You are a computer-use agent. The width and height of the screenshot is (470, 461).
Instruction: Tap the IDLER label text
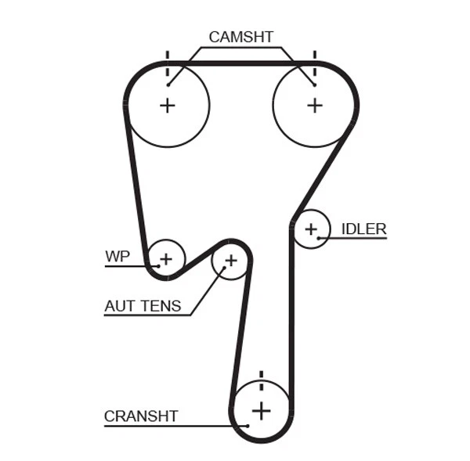pos(363,229)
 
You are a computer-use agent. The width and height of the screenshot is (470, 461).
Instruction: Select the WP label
pos(117,256)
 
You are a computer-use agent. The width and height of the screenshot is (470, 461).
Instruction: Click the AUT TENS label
pos(143,306)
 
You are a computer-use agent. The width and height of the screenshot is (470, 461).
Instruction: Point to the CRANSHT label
pos(141,416)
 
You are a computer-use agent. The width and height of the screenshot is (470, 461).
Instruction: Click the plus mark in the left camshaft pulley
pos(168,105)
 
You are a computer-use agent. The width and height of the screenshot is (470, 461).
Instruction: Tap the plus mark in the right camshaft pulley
pos(314,105)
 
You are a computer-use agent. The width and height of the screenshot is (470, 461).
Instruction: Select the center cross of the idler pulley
pos(311,229)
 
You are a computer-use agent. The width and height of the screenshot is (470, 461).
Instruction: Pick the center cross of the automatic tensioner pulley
pos(230,259)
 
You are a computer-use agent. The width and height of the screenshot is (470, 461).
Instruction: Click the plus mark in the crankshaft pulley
pos(261,409)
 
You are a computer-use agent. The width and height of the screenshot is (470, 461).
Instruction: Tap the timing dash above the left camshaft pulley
pos(167,56)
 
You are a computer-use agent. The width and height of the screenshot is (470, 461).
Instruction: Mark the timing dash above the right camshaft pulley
pos(314,56)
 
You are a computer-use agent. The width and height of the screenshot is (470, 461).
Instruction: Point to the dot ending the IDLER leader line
pos(320,237)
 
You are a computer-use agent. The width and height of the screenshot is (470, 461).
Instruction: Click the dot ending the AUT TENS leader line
pos(223,268)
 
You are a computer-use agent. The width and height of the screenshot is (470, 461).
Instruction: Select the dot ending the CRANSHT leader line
pos(246,425)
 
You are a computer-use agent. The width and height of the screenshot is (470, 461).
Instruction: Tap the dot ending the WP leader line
pos(159,265)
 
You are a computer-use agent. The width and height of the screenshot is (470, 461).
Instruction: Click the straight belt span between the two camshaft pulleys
pos(240,63)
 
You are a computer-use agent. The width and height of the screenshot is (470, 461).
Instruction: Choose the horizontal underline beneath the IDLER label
pos(356,238)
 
